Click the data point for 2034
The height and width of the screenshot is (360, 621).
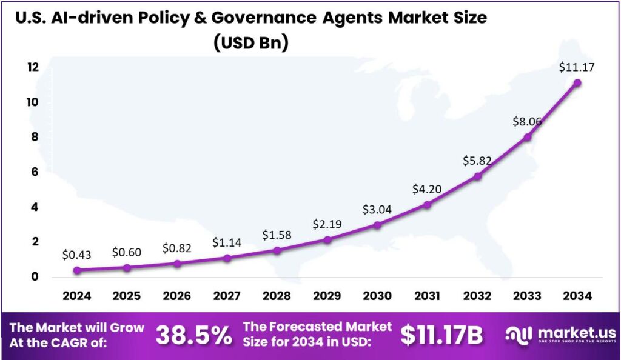tap(577, 82)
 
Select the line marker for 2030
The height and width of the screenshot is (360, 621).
tap(377, 225)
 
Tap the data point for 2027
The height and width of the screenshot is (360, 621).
tap(227, 258)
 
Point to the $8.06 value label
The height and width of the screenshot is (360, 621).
tap(527, 122)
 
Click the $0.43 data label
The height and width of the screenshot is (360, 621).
tap(77, 255)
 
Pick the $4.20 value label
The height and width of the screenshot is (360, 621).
tap(427, 189)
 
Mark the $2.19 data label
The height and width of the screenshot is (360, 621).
tap(327, 224)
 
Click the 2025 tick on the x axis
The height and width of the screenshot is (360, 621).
tap(127, 296)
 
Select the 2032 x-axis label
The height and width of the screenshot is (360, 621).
tap(477, 296)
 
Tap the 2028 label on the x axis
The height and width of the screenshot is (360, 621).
tap(277, 296)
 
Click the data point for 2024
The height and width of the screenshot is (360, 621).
tap(77, 270)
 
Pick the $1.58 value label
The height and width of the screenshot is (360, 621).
tap(277, 235)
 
